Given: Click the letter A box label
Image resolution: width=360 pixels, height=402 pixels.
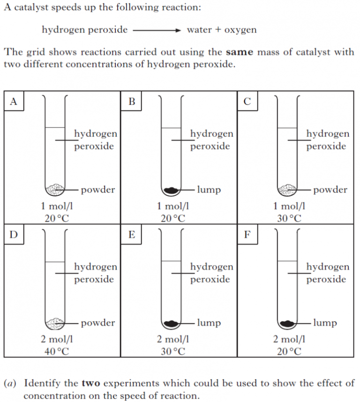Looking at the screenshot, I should [14, 101].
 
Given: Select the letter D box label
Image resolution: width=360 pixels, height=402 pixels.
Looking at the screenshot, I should [14, 235].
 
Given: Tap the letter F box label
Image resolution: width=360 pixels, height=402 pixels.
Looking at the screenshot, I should [247, 235].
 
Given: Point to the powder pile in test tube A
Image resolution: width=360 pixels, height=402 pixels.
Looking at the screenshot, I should [55, 189].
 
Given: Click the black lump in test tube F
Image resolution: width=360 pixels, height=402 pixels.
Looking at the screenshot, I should [287, 323].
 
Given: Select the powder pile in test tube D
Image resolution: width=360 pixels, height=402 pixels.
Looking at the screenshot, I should [55, 323].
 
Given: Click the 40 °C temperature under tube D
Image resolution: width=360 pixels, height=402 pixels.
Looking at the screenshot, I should [57, 351].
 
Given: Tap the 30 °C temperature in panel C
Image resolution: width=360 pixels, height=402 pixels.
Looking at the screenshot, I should [289, 218].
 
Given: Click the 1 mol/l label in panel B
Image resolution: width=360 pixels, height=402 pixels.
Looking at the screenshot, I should [173, 206].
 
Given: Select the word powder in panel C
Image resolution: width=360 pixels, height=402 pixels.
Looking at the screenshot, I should [330, 190].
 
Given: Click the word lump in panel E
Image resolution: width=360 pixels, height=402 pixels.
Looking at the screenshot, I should [209, 323].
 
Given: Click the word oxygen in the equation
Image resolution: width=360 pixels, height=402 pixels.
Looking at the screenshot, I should [240, 30].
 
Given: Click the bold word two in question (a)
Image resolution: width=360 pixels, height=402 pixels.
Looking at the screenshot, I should [91, 383].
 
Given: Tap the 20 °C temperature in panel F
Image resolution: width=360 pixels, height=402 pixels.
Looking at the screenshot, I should [289, 351].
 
